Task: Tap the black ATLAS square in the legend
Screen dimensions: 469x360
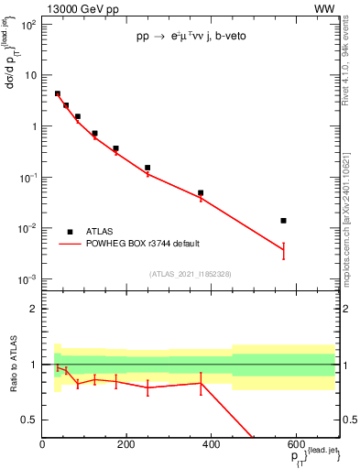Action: tap(70, 232)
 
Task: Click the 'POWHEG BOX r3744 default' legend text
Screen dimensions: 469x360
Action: tap(142, 244)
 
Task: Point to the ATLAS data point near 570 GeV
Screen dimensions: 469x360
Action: tap(284, 221)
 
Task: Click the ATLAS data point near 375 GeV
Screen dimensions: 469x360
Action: tap(201, 193)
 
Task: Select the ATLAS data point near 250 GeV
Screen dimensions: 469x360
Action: tap(147, 168)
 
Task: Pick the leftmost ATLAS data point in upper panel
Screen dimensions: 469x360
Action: tap(58, 93)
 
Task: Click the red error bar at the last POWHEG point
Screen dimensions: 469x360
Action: tap(284, 250)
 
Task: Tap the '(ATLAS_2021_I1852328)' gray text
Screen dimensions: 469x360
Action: tap(190, 274)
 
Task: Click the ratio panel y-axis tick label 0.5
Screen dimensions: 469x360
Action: tap(30, 420)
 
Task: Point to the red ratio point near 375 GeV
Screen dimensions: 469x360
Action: tap(201, 382)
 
